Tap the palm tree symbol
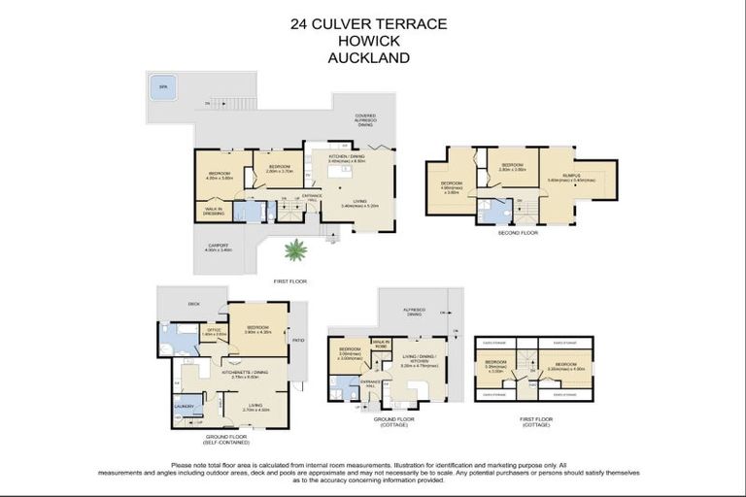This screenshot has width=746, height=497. tap(295, 250)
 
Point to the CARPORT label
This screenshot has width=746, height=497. tap(218, 247)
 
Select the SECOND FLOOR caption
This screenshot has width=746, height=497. tap(517, 233)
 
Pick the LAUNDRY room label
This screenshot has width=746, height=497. tap(185, 406)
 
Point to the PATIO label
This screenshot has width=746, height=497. tap(297, 340)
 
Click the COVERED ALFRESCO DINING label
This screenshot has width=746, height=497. tap(365, 119)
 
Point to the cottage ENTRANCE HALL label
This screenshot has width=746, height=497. tap(371, 383)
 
